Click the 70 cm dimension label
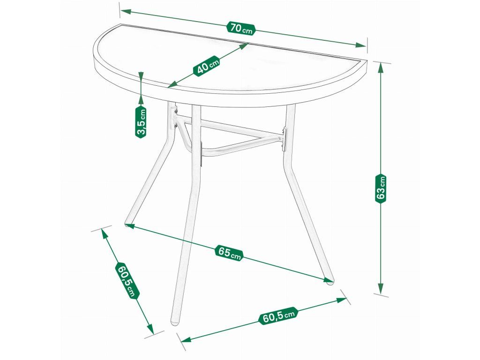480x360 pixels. (x=241, y=29)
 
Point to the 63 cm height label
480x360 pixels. (x=381, y=188)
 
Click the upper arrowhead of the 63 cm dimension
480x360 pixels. (x=381, y=67)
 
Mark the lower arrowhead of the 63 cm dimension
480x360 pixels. (x=381, y=288)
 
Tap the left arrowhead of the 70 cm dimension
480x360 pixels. (x=126, y=12)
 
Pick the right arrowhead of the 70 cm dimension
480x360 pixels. (x=360, y=45)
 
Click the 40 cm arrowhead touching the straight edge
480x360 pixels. (x=243, y=46)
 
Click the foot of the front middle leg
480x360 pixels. (x=175, y=323)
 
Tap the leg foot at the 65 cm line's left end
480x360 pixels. (x=127, y=224)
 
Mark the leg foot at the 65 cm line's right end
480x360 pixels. (x=330, y=282)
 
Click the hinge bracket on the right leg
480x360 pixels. (x=284, y=139)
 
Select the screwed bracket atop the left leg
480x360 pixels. (x=175, y=116)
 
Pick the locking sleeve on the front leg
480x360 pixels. (x=201, y=155)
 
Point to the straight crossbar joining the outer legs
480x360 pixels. (x=230, y=127)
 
